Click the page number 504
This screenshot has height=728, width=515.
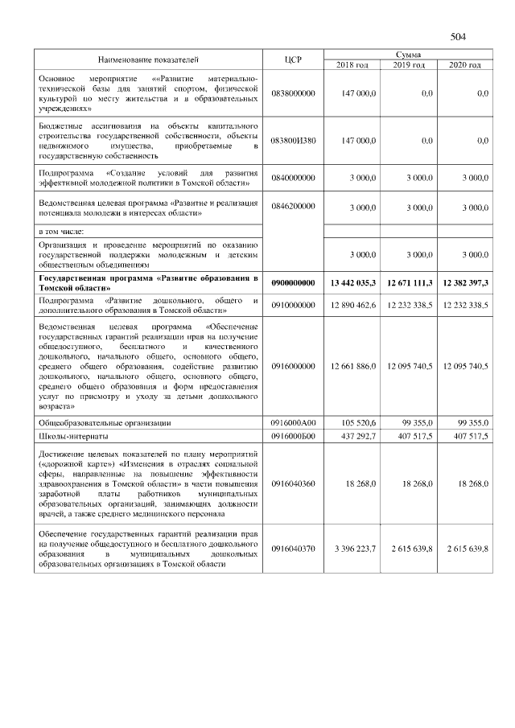click(x=459, y=37)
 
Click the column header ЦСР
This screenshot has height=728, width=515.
click(x=293, y=60)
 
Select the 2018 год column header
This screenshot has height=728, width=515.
click(x=352, y=64)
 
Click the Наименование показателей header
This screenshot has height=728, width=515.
click(x=148, y=60)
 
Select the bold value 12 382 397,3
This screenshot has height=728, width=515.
click(x=460, y=283)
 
